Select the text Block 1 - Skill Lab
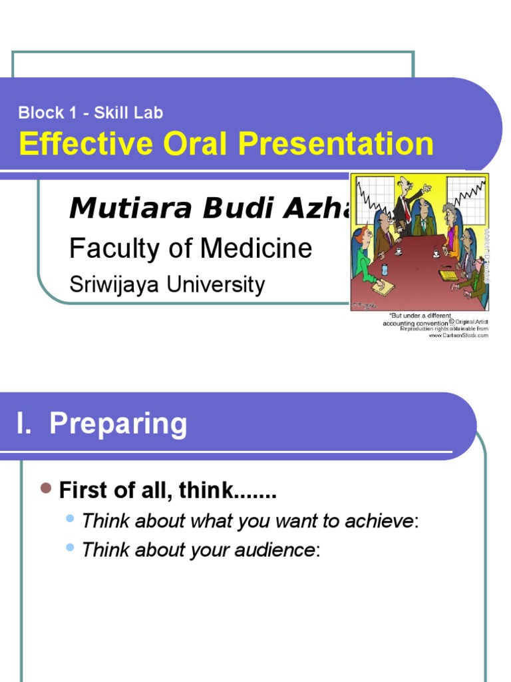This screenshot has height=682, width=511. (90, 113)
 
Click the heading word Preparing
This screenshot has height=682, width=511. (118, 424)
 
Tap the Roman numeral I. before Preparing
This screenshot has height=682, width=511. (25, 424)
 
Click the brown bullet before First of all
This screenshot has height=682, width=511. (46, 489)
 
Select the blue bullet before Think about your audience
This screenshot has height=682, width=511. (71, 547)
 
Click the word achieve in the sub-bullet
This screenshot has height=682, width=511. (381, 521)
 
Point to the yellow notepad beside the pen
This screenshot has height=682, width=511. (446, 275)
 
